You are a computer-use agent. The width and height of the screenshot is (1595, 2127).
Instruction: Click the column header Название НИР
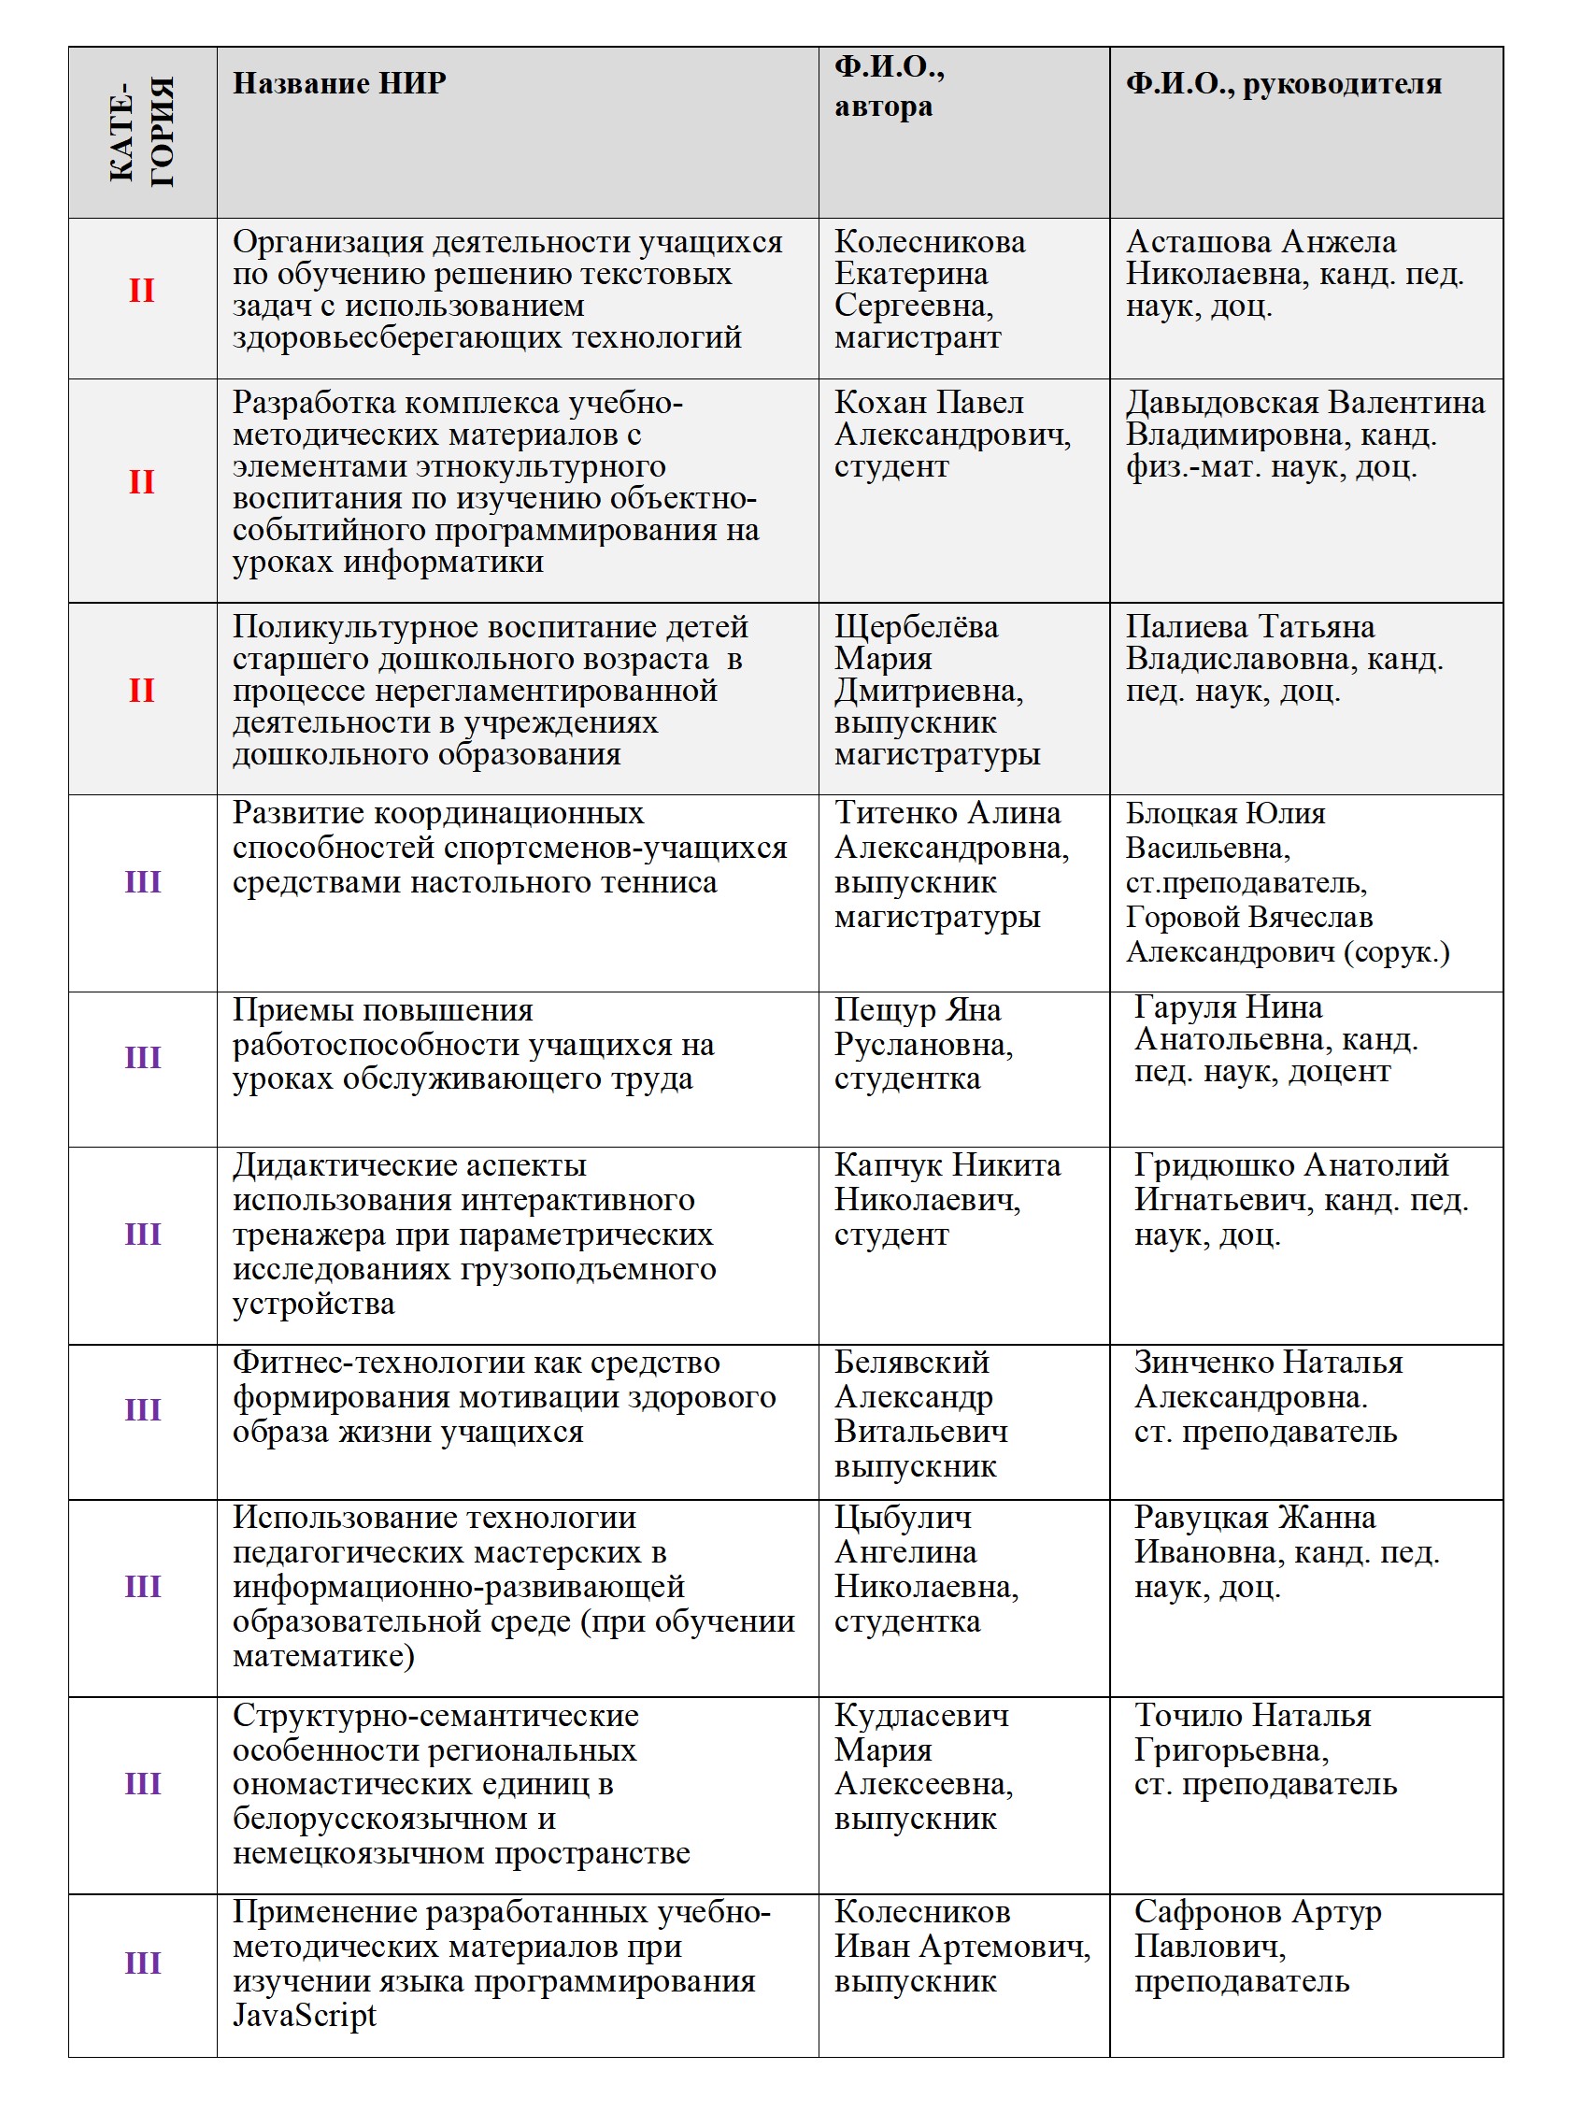pos(338,84)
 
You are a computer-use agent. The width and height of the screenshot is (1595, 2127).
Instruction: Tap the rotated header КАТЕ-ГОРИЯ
pos(142,132)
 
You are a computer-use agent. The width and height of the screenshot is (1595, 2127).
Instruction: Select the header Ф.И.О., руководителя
pos(1283,84)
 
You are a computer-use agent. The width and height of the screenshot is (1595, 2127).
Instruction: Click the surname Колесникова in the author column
pos(929,241)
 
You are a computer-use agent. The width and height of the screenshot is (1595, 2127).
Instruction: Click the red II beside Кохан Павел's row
pos(141,481)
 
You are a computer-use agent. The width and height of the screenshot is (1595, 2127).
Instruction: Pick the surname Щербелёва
pos(916,627)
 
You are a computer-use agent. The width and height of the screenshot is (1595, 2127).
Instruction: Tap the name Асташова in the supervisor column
pos(1198,241)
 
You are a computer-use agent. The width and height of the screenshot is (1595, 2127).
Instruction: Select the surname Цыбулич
pos(902,1518)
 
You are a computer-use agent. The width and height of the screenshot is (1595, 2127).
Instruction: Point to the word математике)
pos(323,1656)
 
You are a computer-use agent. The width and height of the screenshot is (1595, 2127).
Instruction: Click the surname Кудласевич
pos(921,1716)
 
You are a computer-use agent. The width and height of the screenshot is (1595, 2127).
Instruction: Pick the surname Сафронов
pos(1207,1912)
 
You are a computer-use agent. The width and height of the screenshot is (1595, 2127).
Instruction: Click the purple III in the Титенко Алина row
pos(142,882)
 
